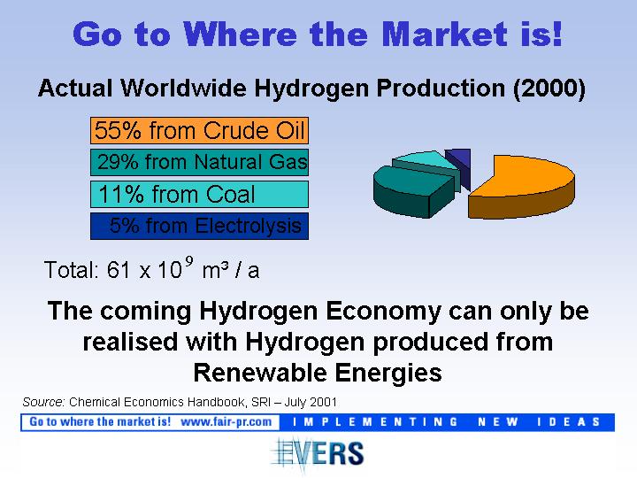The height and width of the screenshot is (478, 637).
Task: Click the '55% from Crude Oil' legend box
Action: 199,130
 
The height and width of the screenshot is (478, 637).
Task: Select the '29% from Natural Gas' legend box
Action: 199,162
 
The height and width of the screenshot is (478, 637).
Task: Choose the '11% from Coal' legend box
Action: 199,194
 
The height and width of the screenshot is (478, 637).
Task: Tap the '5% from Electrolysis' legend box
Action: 199,226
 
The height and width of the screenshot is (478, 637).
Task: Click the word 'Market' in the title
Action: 444,34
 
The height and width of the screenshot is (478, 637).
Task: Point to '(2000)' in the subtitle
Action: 549,89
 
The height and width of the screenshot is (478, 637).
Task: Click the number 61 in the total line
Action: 119,269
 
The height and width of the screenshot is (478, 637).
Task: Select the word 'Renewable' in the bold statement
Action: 261,373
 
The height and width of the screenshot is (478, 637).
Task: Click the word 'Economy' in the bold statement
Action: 383,312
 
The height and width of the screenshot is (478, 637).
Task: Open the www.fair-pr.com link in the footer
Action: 226,422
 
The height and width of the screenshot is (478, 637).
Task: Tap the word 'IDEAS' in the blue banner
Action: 568,422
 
